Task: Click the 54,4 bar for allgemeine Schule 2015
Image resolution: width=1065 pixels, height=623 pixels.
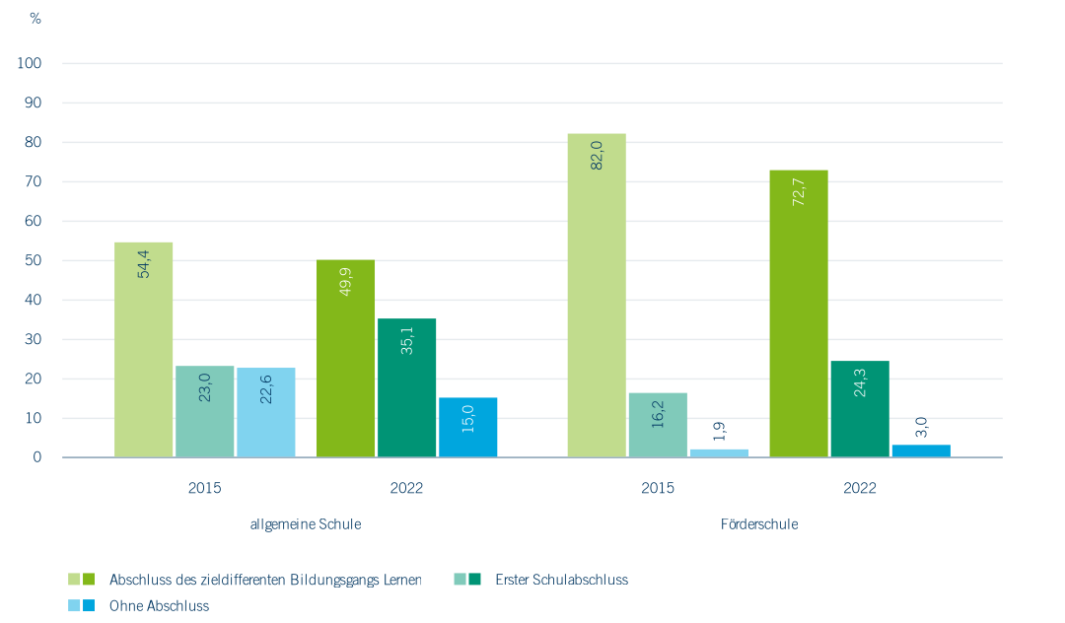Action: [143, 350]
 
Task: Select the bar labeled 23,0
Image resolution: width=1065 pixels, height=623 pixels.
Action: [205, 412]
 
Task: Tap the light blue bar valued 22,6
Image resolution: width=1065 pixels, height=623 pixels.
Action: [266, 413]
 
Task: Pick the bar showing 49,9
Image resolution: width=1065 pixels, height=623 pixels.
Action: [345, 359]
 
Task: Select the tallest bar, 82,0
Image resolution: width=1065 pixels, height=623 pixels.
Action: [597, 296]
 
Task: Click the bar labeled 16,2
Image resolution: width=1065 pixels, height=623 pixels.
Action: [658, 425]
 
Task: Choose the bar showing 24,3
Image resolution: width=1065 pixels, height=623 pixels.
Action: [860, 409]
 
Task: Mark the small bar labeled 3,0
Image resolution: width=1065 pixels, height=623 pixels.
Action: [921, 451]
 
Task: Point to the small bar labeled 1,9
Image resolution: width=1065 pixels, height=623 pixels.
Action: [719, 453]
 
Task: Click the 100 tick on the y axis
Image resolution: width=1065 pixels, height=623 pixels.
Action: [30, 63]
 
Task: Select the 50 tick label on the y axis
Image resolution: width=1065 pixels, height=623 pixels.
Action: [34, 260]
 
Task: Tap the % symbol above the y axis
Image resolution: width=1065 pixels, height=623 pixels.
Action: [35, 19]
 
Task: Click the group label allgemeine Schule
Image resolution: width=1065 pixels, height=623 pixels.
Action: [306, 524]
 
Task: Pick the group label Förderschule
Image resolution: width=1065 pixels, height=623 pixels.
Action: [759, 524]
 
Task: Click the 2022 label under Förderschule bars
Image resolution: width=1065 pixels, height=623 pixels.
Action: [860, 488]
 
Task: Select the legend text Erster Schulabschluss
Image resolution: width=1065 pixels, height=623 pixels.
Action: [561, 580]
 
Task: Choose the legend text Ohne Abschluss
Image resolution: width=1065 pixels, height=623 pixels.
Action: [160, 606]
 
